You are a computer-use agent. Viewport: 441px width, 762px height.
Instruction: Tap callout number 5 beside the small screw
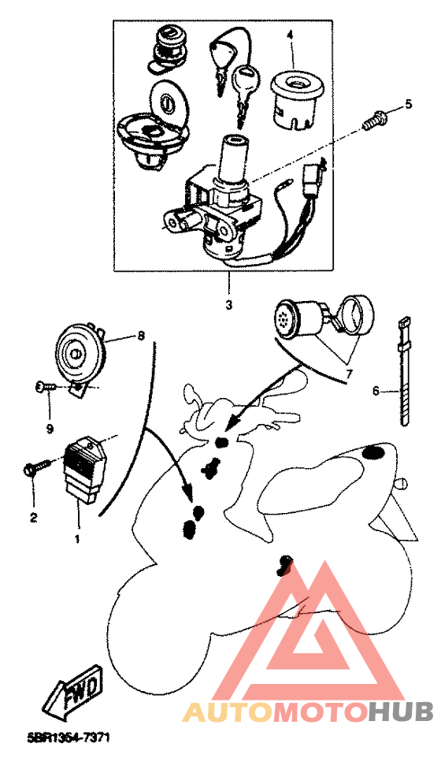(x=409, y=104)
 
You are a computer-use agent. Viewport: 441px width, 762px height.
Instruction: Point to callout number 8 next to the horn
(x=141, y=335)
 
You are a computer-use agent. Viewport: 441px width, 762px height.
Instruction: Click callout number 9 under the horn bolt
(x=49, y=429)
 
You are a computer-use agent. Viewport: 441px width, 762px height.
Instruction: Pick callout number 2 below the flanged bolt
(x=33, y=518)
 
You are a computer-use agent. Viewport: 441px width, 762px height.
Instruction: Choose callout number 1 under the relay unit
(x=77, y=539)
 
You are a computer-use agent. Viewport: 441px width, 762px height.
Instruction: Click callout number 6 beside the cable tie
(x=376, y=391)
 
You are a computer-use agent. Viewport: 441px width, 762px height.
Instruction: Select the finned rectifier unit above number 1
(x=84, y=470)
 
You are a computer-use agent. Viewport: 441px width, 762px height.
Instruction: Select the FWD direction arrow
(x=72, y=696)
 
